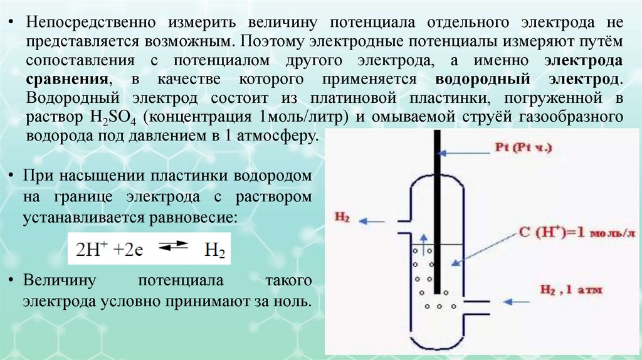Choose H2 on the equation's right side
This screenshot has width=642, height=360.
[214, 250]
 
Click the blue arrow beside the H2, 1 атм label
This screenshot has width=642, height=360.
[518, 301]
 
